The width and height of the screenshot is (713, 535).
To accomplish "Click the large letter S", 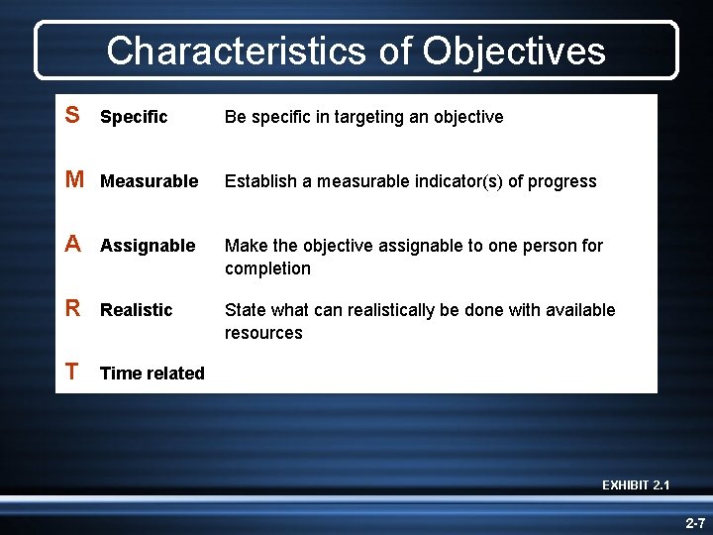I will (x=72, y=116).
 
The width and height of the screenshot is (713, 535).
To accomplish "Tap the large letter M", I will (x=74, y=180).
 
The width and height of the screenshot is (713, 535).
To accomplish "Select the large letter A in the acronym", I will (x=73, y=245).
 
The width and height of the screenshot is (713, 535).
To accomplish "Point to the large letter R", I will (x=73, y=309).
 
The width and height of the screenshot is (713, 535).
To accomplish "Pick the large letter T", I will (x=72, y=373).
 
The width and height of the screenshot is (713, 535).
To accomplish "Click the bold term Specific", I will (x=134, y=117).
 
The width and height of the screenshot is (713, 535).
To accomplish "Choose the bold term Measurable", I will (x=149, y=181).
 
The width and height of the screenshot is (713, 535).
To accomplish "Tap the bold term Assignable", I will (x=148, y=246).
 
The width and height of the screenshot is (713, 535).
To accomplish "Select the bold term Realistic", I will (x=136, y=310).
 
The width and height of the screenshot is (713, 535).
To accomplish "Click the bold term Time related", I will (x=153, y=374).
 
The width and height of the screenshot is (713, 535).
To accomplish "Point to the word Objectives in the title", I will (x=513, y=51).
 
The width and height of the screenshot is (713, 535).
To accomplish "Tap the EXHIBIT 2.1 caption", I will (x=636, y=484).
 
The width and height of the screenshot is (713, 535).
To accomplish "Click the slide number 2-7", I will (x=694, y=522).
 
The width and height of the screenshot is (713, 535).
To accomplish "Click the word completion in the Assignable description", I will (x=267, y=268).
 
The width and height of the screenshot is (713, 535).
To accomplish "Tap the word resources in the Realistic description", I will (x=263, y=333).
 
